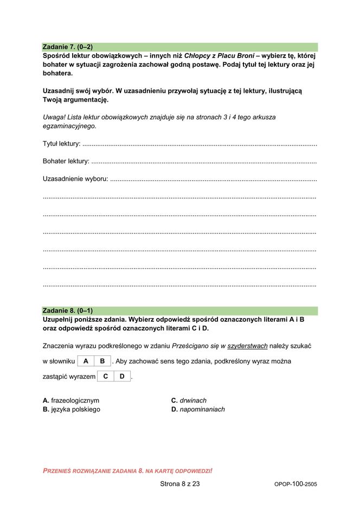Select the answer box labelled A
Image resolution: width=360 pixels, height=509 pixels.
click(86, 361)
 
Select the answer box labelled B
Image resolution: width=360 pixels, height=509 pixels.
click(102, 361)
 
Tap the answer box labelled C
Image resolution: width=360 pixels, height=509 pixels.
click(106, 376)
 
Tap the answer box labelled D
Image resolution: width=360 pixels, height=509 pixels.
click(123, 376)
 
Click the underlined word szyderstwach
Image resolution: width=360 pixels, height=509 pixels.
click(247, 346)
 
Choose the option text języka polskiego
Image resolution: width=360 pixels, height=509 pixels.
click(75, 409)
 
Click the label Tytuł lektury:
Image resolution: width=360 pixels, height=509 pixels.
click(61, 144)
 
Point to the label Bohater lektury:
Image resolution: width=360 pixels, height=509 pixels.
click(66, 161)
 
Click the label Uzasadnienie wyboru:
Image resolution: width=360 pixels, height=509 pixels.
click(75, 179)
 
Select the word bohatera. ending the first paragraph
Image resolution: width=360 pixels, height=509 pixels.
click(57, 73)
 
